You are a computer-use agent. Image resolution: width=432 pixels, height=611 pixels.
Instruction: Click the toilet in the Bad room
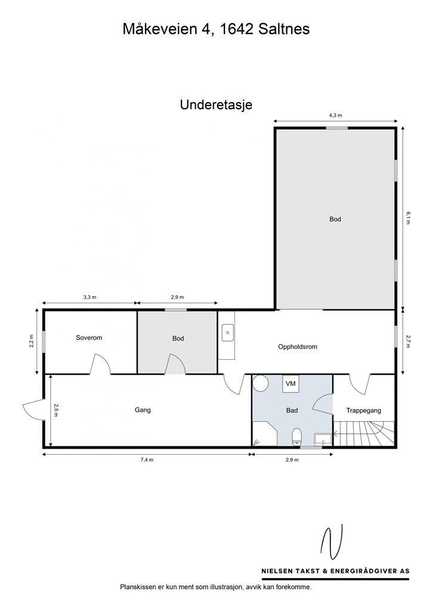(297, 437)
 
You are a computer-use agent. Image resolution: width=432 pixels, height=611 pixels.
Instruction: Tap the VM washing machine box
(291, 383)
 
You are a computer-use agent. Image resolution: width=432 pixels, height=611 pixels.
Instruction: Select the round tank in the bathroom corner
(260, 383)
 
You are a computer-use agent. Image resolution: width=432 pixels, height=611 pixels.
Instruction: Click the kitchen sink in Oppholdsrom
(227, 333)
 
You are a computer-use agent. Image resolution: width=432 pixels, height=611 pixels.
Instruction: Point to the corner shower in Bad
(263, 434)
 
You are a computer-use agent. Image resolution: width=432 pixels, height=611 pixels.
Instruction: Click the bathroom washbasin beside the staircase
(323, 440)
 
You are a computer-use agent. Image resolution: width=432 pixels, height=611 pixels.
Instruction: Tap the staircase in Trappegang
(363, 433)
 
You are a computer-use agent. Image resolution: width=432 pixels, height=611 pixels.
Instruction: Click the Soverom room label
(89, 338)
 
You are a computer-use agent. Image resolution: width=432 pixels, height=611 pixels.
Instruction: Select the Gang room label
(143, 410)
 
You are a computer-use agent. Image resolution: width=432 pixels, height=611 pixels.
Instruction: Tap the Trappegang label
(363, 411)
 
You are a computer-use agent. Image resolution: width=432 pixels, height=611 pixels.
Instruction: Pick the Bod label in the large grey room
(335, 219)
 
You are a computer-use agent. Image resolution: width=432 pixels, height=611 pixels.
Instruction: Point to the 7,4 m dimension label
(147, 460)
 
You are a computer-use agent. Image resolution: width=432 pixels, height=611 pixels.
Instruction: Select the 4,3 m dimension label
(335, 115)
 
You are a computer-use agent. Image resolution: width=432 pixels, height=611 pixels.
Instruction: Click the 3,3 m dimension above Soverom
(90, 297)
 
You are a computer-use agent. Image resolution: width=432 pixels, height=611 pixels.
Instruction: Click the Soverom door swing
(100, 364)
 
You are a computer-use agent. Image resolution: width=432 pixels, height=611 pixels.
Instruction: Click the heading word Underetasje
(216, 105)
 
